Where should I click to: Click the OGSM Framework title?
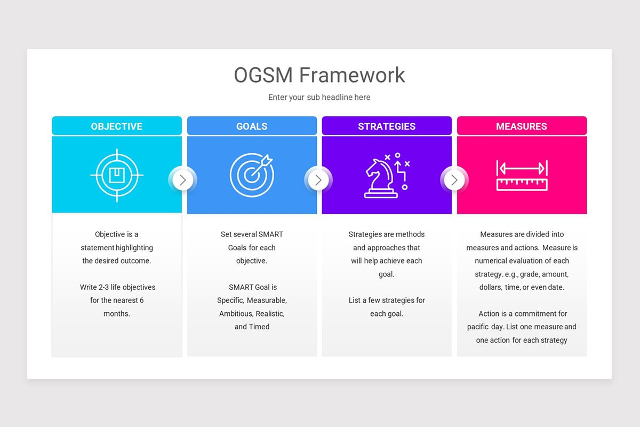(319, 75)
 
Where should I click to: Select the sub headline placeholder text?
(319, 97)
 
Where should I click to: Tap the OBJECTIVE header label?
(116, 126)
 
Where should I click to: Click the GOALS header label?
(252, 126)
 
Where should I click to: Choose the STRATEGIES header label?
(387, 126)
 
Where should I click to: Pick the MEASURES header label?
(522, 126)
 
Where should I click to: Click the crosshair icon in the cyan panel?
(117, 175)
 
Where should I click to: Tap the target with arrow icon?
(252, 175)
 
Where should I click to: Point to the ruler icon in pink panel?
(522, 176)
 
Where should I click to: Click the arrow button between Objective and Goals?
(183, 180)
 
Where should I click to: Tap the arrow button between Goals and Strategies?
(318, 180)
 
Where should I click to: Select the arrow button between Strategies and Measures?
(454, 180)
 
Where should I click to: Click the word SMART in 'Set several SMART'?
(270, 234)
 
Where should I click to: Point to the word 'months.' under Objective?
(117, 314)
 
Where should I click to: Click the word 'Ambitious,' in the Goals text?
(236, 314)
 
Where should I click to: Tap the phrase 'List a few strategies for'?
(387, 301)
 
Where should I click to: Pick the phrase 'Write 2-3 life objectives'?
(118, 287)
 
